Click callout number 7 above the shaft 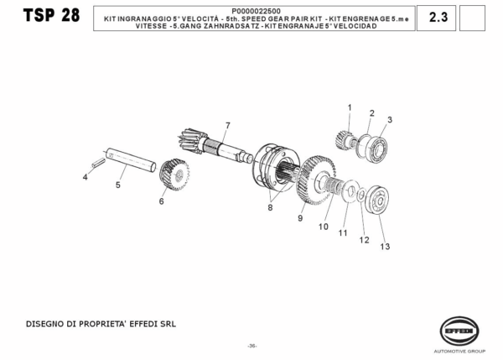[x=228, y=126]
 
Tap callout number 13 [x=385, y=247]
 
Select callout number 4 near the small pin [x=85, y=177]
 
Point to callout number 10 [x=324, y=227]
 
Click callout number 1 [x=350, y=107]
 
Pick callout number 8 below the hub [x=270, y=208]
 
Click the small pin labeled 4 [x=98, y=162]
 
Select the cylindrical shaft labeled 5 [x=131, y=159]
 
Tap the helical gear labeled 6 [x=174, y=175]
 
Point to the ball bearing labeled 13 [x=377, y=200]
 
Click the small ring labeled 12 [x=361, y=195]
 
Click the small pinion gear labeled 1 [x=343, y=139]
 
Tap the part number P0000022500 [x=256, y=12]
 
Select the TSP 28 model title [x=51, y=15]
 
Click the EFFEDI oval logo [x=459, y=331]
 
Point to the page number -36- [x=252, y=346]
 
